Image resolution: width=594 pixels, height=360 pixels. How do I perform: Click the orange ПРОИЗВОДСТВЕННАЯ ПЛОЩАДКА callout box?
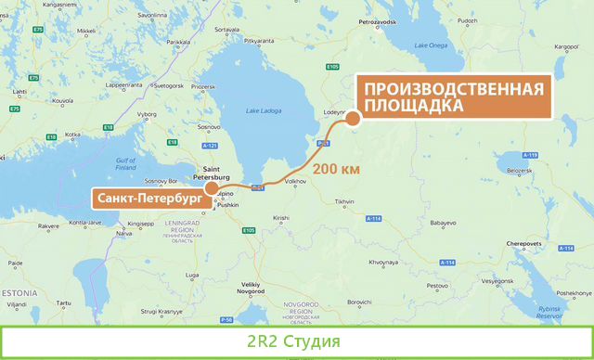pos(453,97)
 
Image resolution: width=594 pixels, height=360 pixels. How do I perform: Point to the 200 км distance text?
pos(337,170)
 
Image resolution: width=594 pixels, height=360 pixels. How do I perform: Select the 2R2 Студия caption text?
pos(296,341)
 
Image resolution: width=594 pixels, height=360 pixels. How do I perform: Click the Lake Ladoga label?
pos(263,112)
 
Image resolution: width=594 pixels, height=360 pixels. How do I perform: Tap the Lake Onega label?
pos(432,45)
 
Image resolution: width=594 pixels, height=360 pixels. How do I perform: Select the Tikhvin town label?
pos(345,201)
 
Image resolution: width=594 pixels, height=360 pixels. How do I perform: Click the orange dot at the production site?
pos(353,118)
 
